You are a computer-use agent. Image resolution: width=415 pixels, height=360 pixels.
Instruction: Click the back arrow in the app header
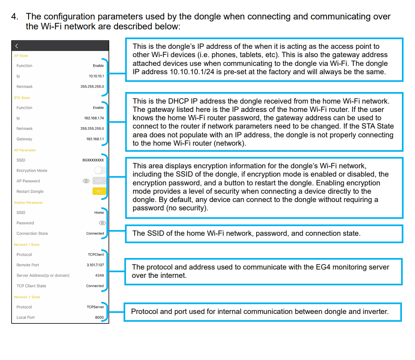[17, 46]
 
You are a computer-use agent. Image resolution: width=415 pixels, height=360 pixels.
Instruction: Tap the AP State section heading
[21, 56]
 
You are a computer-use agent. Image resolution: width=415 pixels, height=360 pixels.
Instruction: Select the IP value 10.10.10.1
[96, 76]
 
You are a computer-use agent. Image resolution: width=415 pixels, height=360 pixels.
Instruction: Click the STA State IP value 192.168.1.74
[94, 118]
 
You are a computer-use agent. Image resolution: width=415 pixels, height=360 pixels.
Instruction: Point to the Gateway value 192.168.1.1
[95, 139]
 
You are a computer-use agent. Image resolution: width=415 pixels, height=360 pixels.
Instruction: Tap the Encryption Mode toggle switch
[100, 171]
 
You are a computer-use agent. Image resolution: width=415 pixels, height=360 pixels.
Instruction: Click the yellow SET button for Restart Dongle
[99, 191]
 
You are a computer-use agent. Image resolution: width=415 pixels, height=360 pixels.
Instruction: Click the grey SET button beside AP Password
[99, 181]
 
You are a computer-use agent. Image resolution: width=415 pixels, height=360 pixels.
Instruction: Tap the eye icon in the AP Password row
[86, 181]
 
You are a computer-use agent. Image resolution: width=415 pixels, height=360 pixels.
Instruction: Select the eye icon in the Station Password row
[102, 223]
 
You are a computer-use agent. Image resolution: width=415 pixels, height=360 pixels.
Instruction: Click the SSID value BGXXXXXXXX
[93, 160]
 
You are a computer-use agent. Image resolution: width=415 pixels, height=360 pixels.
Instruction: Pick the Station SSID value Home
[99, 212]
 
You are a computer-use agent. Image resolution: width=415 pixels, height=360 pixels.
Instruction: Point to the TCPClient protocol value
[96, 254]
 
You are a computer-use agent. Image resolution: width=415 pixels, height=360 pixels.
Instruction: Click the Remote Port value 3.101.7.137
[95, 265]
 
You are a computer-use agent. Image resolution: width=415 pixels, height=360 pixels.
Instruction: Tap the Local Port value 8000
[99, 317]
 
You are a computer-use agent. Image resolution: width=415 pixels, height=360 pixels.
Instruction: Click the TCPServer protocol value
[95, 307]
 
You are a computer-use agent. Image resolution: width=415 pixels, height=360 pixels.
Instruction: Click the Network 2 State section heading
[27, 297]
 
